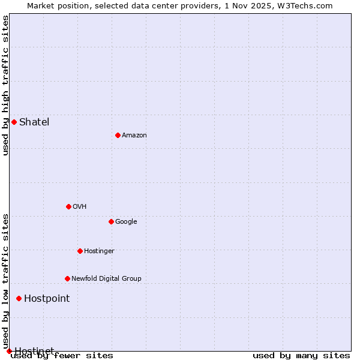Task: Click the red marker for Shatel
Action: [x=14, y=122]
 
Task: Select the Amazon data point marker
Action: [x=118, y=135]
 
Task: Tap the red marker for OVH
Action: [x=68, y=206]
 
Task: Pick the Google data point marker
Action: [x=111, y=221]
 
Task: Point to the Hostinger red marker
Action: [x=80, y=251]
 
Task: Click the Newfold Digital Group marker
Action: [x=67, y=278]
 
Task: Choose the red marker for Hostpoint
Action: [x=19, y=298]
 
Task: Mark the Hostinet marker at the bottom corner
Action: [x=9, y=351]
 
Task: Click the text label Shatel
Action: [x=34, y=122]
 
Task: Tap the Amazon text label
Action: [x=134, y=136]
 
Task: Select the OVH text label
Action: [x=80, y=207]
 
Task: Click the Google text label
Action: [x=126, y=222]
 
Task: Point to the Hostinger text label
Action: [x=99, y=251]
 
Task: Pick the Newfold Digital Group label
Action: [x=106, y=279]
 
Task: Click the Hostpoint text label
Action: [x=47, y=299]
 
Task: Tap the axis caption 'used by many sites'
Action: [x=301, y=356]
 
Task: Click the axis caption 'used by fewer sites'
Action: [x=62, y=356]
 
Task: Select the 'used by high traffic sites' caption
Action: [x=5, y=85]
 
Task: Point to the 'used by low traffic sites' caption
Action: [x=5, y=281]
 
